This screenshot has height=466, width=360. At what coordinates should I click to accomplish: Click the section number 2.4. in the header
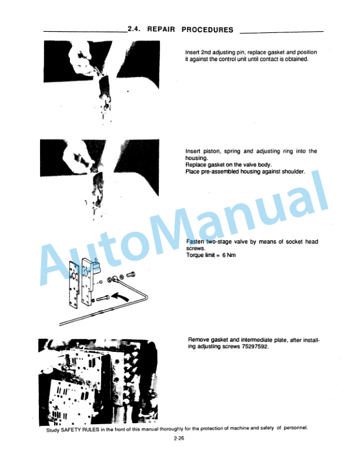click(135, 29)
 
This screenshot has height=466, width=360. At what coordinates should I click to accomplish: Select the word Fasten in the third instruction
click(195, 242)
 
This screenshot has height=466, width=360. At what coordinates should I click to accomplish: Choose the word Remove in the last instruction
click(200, 340)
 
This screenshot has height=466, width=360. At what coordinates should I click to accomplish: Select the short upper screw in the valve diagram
click(131, 274)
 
